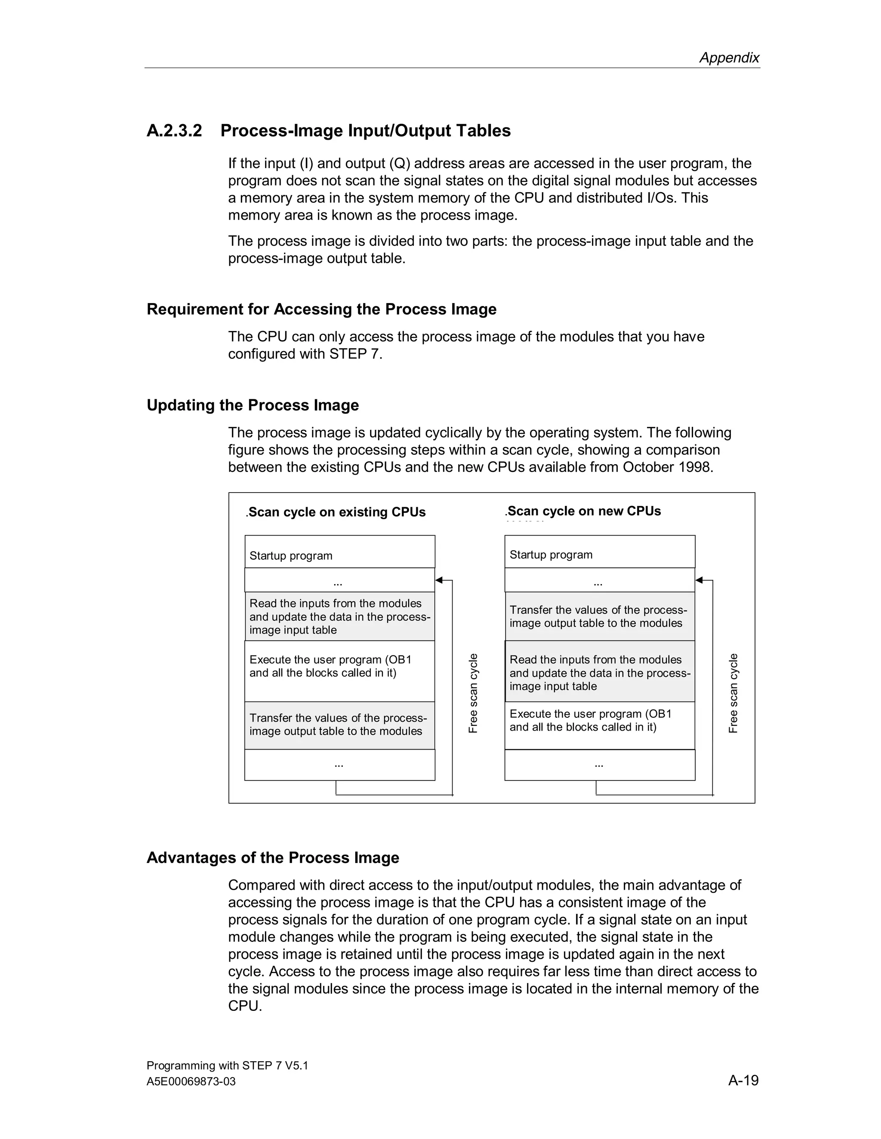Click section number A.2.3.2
pos(174,130)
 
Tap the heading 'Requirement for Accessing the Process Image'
pos(321,309)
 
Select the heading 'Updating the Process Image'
pos(253,405)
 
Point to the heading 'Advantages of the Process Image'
pos(272,858)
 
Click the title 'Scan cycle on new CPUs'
pos(583,511)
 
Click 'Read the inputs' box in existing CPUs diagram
pos(339,616)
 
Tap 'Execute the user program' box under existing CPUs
pos(339,671)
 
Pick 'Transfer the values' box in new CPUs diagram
pos(599,616)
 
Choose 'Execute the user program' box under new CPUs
pos(599,725)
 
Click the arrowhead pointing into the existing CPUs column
pos(439,580)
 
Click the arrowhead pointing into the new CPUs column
pos(699,580)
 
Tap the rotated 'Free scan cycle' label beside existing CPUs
pos(473,693)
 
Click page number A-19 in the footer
pos(743,1080)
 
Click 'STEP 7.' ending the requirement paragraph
pos(355,354)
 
